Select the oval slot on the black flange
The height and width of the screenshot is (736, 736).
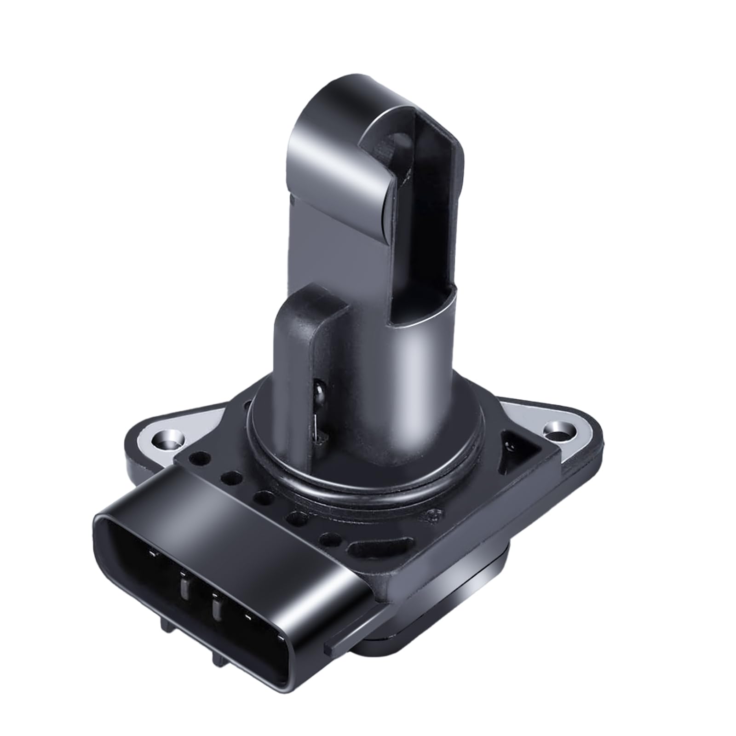click(366, 547)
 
